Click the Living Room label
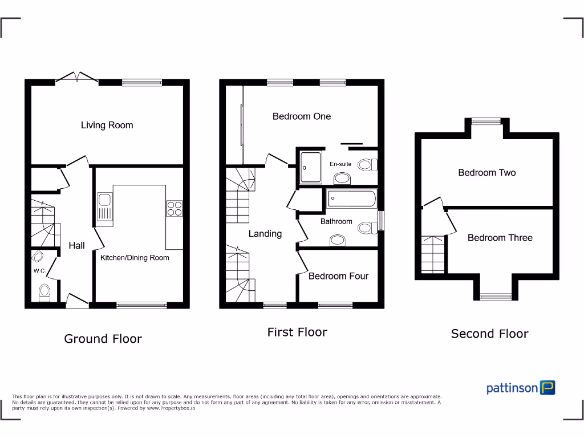(107, 125)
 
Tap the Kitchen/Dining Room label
(135, 258)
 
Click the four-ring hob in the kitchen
(174, 209)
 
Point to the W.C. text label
(39, 271)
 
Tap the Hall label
(76, 245)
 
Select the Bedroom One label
(301, 116)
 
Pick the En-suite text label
(340, 164)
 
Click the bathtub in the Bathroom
(351, 200)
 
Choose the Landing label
(265, 234)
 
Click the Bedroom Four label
(338, 276)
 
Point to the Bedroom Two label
(486, 173)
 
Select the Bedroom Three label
(500, 238)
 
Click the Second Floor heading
(489, 334)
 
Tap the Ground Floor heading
(103, 339)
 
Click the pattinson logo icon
(548, 388)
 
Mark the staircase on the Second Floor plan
(433, 254)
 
